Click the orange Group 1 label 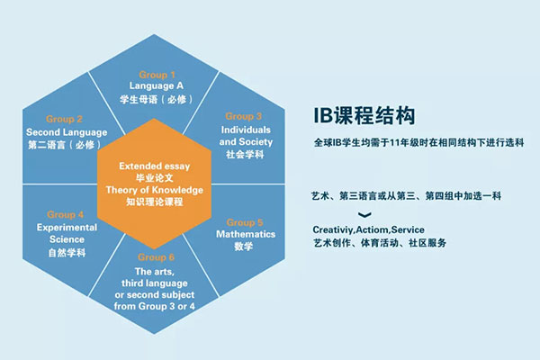(157, 75)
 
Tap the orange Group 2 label (64, 119)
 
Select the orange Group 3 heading (244, 116)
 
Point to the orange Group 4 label (65, 214)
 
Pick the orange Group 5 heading (245, 222)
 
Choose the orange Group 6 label (156, 257)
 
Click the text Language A (156, 85)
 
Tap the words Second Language (67, 132)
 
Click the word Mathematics (246, 234)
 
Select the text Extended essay (154, 166)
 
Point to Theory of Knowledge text (154, 190)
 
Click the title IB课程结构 (364, 116)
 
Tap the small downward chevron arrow (364, 215)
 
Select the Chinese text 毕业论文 (154, 178)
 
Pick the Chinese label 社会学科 (245, 154)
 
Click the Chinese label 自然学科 (67, 253)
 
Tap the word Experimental (67, 228)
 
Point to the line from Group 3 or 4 (154, 306)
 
